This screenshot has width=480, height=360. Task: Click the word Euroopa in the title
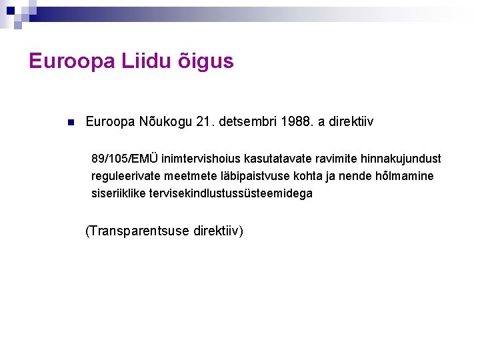71,61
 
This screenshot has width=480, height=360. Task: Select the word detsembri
250,122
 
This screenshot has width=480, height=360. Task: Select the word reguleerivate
123,176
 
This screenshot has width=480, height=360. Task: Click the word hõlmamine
404,176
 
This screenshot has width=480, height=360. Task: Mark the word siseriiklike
117,193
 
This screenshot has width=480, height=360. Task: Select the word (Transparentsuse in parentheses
138,231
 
